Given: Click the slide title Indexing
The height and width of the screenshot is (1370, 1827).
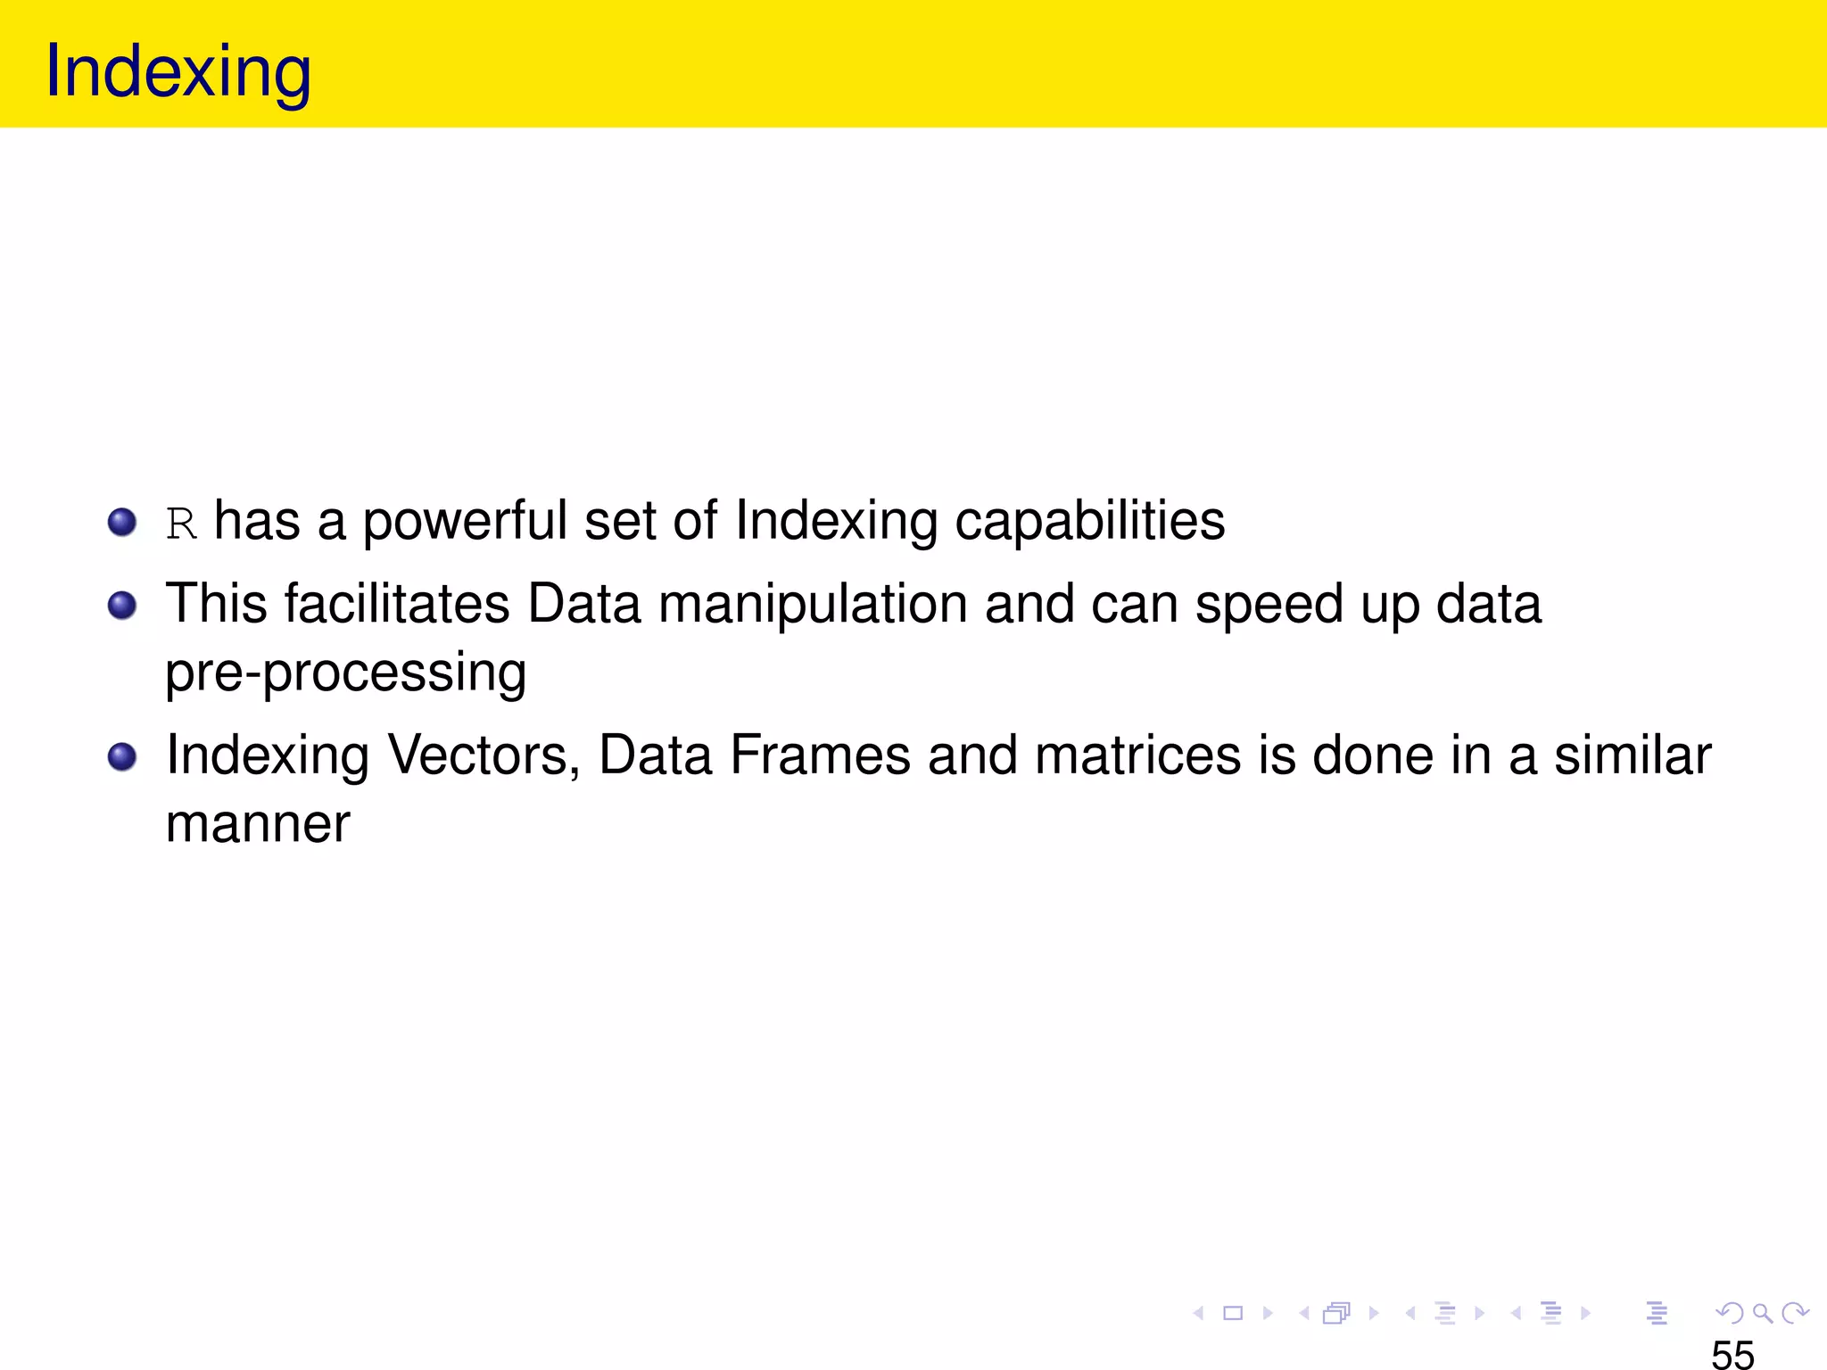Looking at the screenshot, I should (178, 71).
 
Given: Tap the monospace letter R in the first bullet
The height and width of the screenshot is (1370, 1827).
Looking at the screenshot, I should (181, 524).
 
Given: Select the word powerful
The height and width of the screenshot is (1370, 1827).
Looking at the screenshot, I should (464, 521).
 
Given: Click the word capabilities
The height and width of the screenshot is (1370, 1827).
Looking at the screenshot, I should (1089, 521).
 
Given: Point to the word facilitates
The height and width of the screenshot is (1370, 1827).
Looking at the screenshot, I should (397, 604).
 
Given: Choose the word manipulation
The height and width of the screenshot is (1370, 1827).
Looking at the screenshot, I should (813, 604).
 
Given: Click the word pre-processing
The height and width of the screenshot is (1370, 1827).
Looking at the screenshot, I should (345, 673).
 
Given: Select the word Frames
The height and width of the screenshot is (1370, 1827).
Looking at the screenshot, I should (820, 755).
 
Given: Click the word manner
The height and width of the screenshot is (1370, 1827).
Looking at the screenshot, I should (258, 824).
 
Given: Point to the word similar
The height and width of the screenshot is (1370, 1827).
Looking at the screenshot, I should (1633, 755).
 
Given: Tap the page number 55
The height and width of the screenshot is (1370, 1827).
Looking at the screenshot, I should (1732, 1353).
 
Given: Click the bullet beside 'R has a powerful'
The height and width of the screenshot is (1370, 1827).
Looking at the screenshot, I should (122, 522).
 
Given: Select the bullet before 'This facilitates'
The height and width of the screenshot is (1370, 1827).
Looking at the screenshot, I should (122, 606).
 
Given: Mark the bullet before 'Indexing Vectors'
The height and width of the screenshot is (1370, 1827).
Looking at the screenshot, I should (122, 757).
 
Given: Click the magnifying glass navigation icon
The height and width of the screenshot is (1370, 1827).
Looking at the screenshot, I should (1762, 1312).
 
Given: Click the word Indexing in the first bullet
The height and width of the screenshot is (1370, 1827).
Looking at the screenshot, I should (836, 523).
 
